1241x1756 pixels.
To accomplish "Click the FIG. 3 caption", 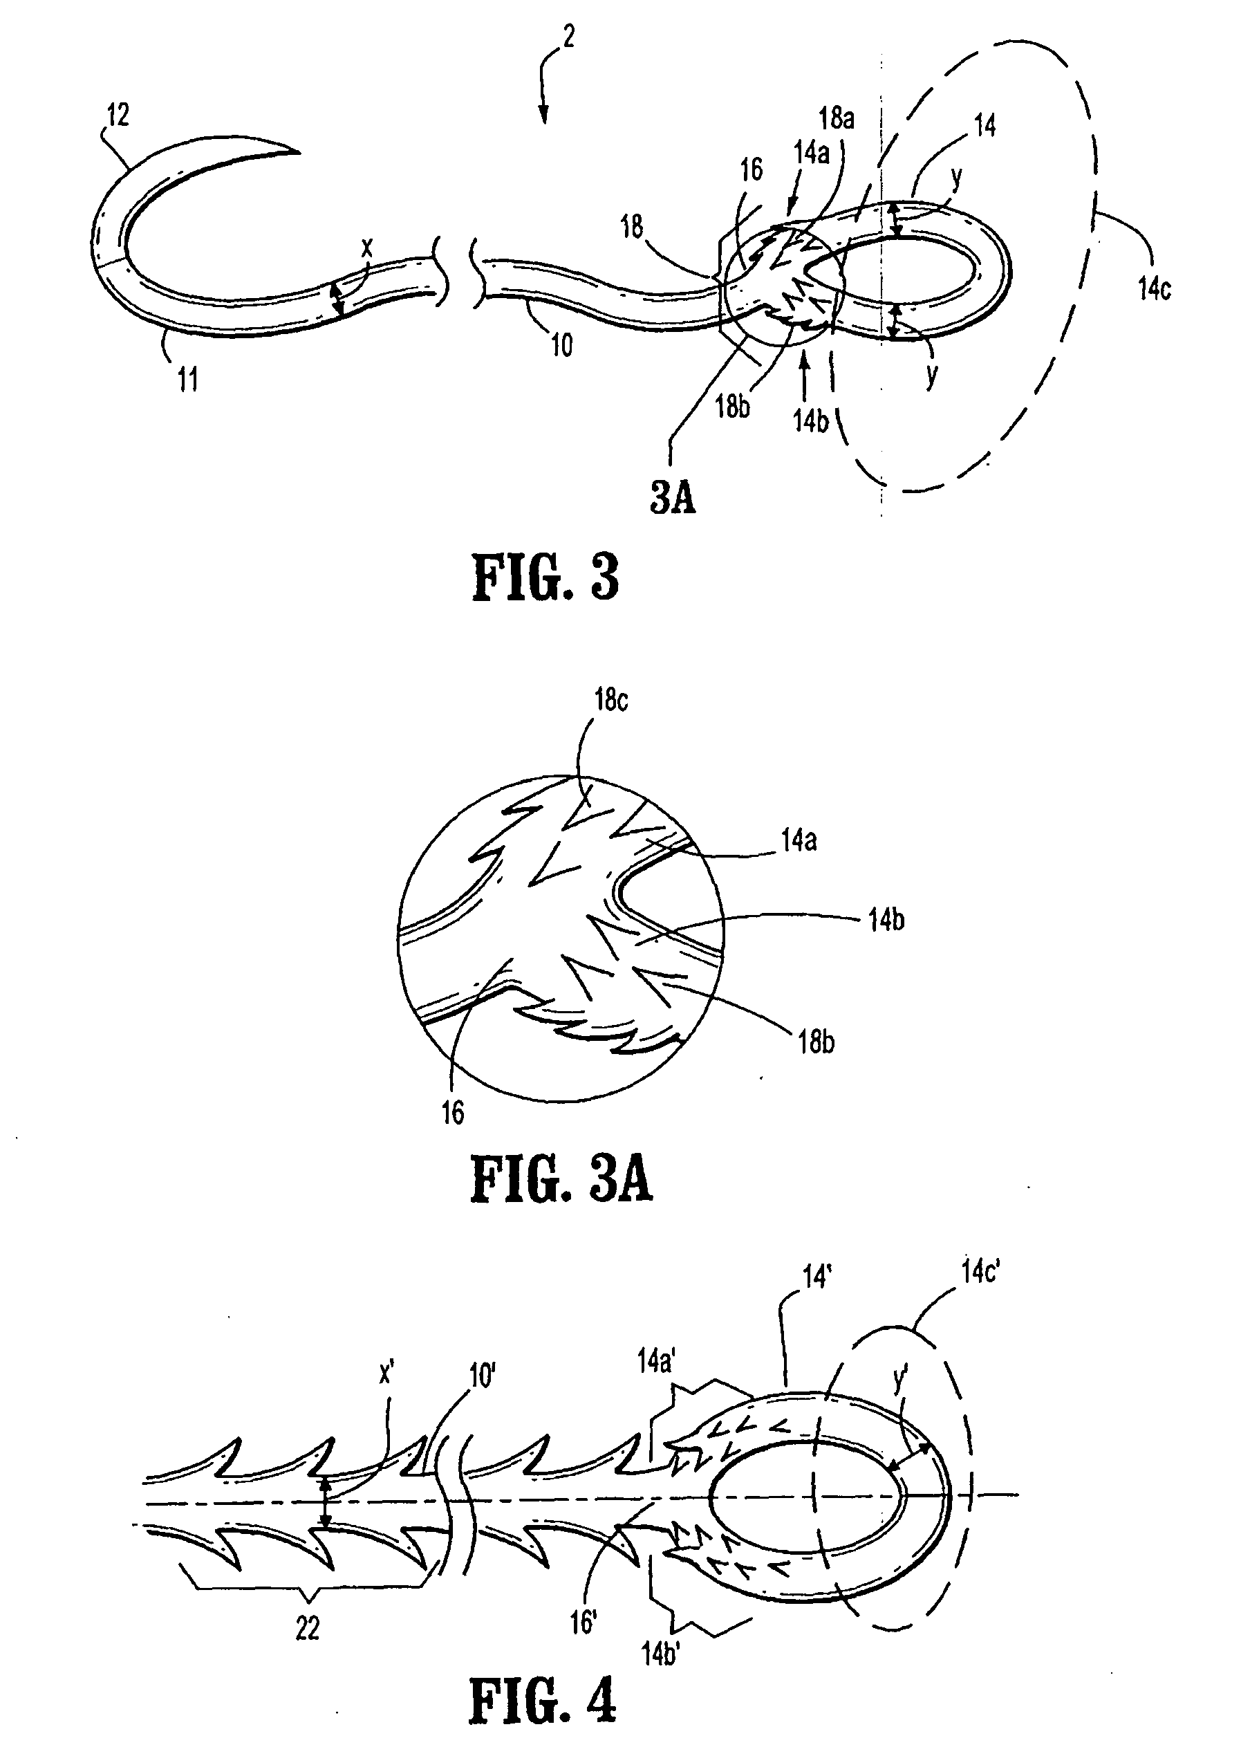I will [x=545, y=578].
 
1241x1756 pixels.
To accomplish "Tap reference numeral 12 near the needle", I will [x=118, y=115].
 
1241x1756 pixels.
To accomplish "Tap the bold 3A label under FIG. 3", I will [x=673, y=498].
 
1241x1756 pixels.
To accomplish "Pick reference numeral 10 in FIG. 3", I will [x=561, y=346].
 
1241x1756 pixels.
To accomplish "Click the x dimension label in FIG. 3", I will [x=367, y=248].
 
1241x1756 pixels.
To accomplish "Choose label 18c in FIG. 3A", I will [x=610, y=701].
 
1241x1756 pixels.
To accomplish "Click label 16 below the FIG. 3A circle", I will [x=453, y=1113].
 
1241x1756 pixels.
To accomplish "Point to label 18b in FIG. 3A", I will [x=816, y=1042].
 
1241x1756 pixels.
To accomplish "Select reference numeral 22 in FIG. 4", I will [x=308, y=1630].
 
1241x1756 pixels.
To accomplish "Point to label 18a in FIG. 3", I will [x=837, y=118].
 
